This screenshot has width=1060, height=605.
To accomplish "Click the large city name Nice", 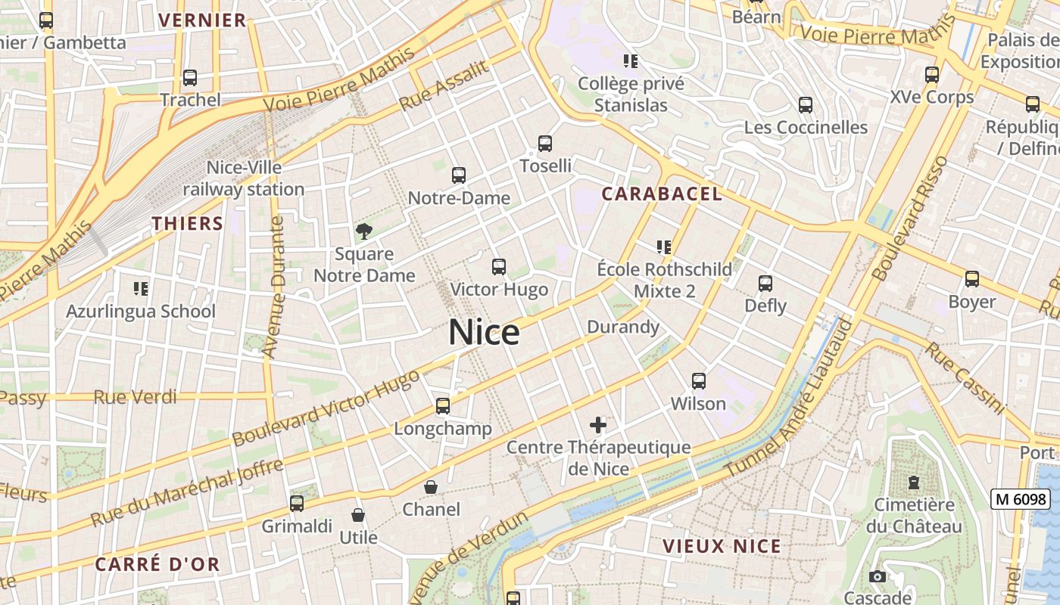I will (x=484, y=333).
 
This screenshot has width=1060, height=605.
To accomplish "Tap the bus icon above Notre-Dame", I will (x=458, y=175).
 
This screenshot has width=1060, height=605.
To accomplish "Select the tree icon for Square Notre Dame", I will (x=364, y=231).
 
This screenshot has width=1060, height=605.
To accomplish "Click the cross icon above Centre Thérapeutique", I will (x=598, y=424).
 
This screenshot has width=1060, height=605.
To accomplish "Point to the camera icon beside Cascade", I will (x=878, y=577).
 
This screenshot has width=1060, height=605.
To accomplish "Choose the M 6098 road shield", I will (x=1020, y=499).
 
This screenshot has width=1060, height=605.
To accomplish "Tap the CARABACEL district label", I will (x=662, y=194).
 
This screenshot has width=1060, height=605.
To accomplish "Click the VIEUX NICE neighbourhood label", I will (x=722, y=546).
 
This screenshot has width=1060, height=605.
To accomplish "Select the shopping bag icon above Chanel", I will (x=431, y=487).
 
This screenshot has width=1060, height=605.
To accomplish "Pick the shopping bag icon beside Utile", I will (x=358, y=516).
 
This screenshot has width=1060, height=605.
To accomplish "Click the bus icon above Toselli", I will (x=544, y=143).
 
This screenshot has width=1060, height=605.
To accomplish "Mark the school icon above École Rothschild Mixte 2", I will (x=664, y=247).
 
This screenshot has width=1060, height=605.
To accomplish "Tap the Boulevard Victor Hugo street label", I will (x=326, y=408).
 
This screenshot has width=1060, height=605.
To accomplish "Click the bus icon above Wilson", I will (x=698, y=381).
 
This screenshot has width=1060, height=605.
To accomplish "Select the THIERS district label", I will (x=188, y=224).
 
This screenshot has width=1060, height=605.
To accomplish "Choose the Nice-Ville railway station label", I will (x=243, y=178).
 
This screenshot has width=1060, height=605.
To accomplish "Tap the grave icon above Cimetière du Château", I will (x=914, y=482).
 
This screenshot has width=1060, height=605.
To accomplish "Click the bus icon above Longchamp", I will (x=443, y=406).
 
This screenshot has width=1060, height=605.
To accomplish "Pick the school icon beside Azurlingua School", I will (x=140, y=288).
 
